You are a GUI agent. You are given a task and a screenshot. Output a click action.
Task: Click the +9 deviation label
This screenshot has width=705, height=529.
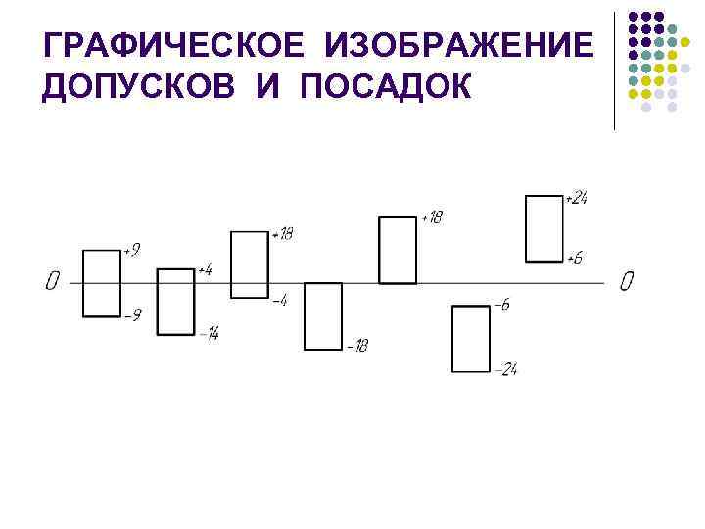point(131,251)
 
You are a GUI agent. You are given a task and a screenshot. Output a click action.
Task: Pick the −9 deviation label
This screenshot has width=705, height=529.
point(133,315)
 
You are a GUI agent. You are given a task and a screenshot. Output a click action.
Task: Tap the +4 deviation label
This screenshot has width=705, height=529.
point(205,269)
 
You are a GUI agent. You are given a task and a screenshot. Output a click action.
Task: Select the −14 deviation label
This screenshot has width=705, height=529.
point(209,335)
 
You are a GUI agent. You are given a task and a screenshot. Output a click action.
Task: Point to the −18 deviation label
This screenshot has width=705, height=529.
point(356,347)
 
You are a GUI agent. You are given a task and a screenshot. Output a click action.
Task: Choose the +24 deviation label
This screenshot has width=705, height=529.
point(576,199)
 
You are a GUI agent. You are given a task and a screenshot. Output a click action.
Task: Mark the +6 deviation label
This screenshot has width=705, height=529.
point(576,259)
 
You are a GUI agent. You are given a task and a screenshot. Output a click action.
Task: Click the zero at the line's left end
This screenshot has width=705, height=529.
point(52,282)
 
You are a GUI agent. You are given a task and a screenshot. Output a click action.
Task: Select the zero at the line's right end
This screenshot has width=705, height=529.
point(627,282)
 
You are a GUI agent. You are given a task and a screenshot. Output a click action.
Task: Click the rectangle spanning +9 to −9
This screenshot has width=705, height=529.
point(101,283)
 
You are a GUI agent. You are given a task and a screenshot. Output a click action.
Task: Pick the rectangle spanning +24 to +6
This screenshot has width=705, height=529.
point(544,228)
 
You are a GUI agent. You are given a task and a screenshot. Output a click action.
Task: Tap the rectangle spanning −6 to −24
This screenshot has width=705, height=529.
point(471,339)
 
